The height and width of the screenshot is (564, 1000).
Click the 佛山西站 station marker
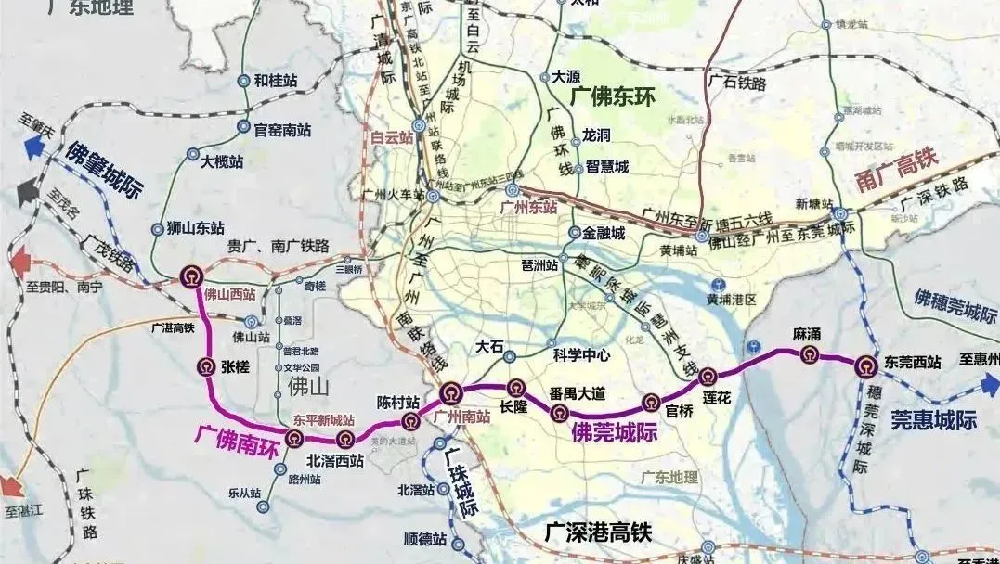click(x=191, y=275)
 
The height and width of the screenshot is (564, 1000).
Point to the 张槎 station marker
click(x=205, y=365)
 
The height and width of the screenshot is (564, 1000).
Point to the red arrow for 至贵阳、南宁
click(x=19, y=265)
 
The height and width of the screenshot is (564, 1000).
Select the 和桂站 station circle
click(x=243, y=81)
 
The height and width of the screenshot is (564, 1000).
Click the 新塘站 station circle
click(x=839, y=214)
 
